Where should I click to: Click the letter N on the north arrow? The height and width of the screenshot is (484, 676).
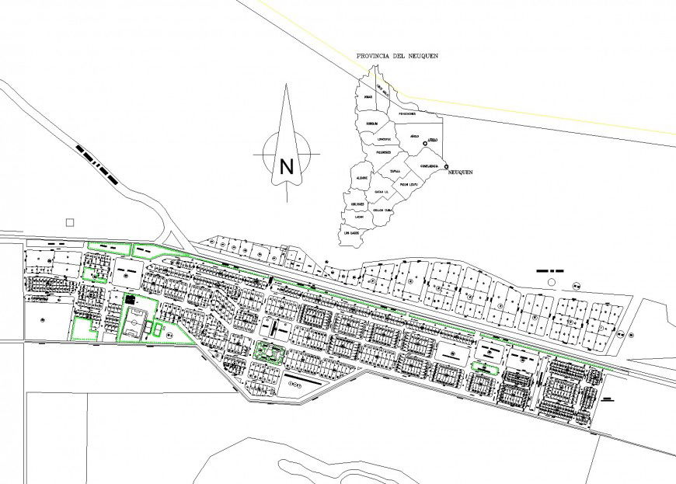pos(287,165)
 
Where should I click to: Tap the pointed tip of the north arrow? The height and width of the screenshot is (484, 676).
pos(286,87)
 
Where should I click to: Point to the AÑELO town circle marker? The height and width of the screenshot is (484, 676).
pos(425,144)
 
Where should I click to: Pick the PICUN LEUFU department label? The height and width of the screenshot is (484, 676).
pos(409,185)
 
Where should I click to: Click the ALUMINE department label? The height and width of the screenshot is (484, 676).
pos(361,178)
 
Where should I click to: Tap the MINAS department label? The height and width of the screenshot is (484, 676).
pos(367,97)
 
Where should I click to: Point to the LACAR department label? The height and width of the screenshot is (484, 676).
pos(359,217)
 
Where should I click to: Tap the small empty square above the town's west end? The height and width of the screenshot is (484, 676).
pos(70,222)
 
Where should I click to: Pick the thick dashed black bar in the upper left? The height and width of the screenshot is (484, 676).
pos(96,162)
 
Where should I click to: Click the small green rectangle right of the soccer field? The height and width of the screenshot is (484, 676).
pos(161,329)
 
